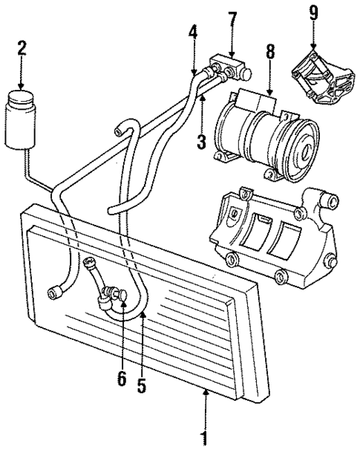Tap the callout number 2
22,50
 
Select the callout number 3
200,141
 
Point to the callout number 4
193,33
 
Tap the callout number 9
313,13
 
